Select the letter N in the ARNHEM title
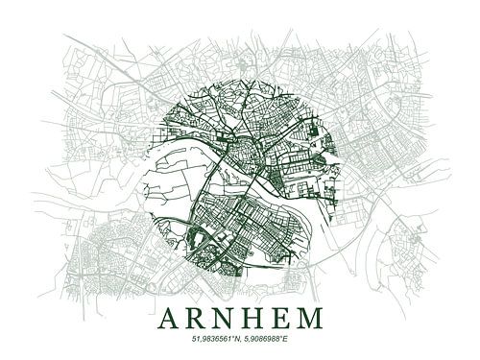pos(226,317)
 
